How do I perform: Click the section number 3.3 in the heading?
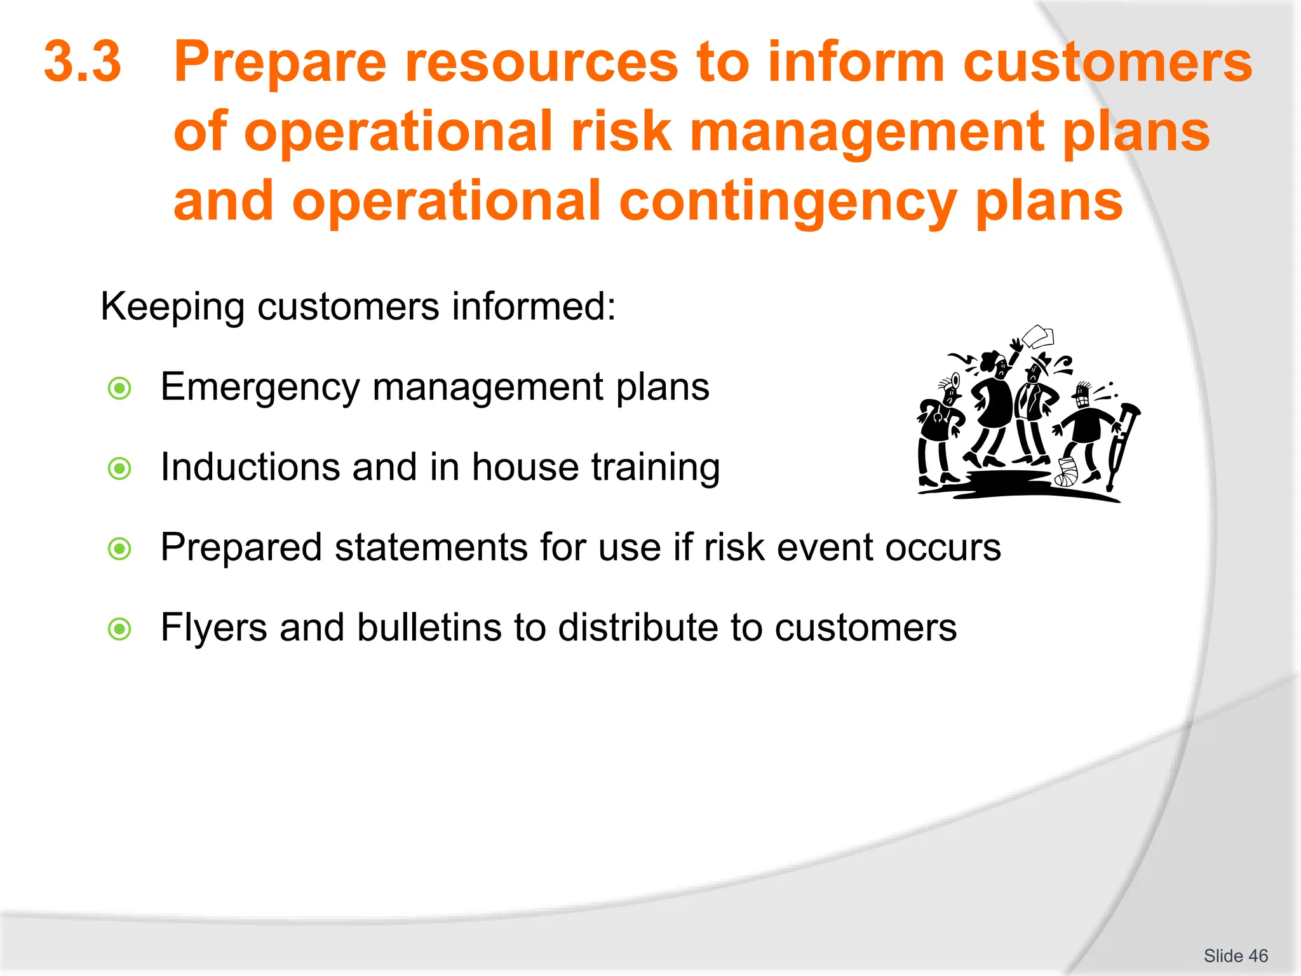pos(83,62)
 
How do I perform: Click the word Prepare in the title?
pos(280,62)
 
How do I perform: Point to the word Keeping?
pos(172,307)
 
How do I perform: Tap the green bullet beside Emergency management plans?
pos(119,388)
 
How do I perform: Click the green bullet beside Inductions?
pos(119,469)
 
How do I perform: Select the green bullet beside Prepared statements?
pos(119,549)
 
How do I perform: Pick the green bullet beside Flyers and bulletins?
pos(119,629)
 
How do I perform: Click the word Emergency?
pos(259,386)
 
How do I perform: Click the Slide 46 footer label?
pos(1235,956)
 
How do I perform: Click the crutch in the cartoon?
pos(1122,445)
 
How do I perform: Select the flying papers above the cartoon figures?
pos(1038,336)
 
